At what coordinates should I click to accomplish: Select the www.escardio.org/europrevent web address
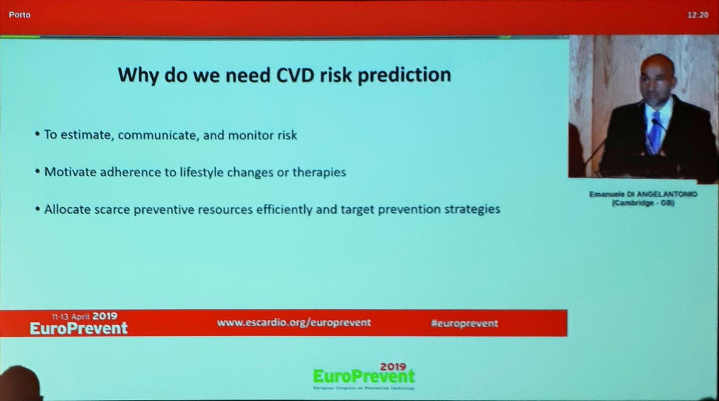(294, 322)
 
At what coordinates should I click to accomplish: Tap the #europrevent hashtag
(464, 323)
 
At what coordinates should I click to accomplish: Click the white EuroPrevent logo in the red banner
(78, 327)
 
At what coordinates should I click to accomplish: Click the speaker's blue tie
(655, 132)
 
